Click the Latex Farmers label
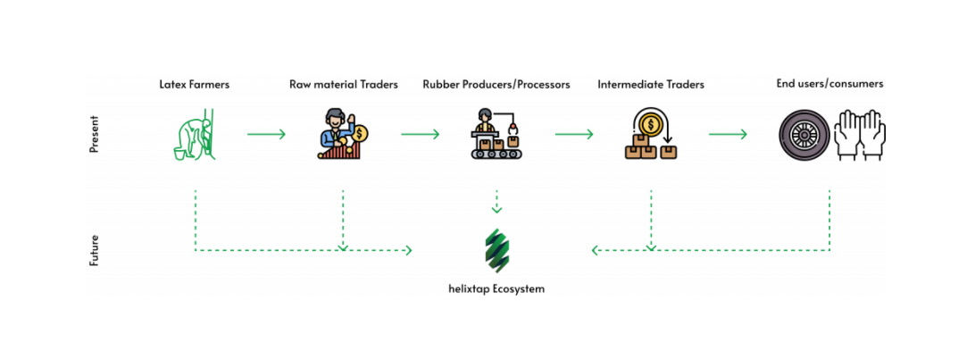[x=194, y=85]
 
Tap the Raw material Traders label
[x=344, y=85]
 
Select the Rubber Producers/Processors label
[x=496, y=85]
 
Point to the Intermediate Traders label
[x=651, y=85]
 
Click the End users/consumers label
[x=829, y=84]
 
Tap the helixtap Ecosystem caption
[x=496, y=289]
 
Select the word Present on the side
[x=94, y=135]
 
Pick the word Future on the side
[x=94, y=251]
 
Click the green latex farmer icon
[x=195, y=135]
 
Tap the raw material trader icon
[x=343, y=135]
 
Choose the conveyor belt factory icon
[x=496, y=135]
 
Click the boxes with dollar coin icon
[x=651, y=135]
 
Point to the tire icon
[x=802, y=137]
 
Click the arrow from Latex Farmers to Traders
[x=266, y=135]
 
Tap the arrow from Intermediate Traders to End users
[x=728, y=135]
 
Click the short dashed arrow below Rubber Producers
[x=496, y=203]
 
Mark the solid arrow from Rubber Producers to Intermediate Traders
[x=574, y=135]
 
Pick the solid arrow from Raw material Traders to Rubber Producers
[x=421, y=135]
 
